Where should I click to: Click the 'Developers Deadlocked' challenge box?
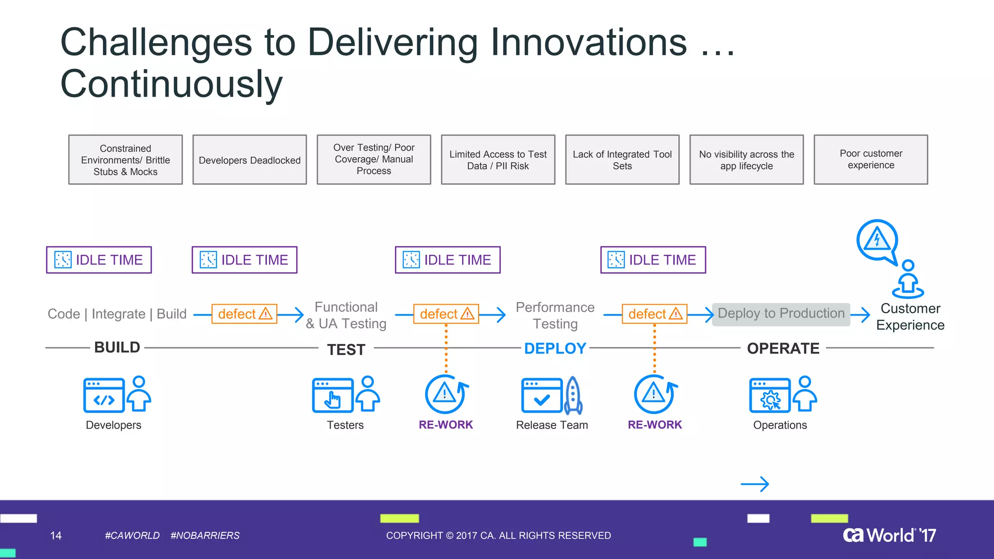tap(249, 160)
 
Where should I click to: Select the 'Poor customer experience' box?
tap(871, 160)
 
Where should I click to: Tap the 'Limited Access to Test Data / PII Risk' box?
tap(498, 160)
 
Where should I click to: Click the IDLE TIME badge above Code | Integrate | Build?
tap(99, 260)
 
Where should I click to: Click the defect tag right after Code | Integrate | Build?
tap(244, 314)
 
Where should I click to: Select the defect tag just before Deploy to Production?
tap(654, 314)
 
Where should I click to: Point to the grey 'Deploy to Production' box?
tap(781, 314)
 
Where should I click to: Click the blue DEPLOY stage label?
tap(555, 348)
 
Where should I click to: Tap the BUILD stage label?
tap(117, 347)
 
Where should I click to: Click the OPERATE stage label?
tap(783, 348)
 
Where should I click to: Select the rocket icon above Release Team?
tap(573, 395)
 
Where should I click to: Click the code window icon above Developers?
tap(104, 395)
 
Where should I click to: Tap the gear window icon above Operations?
tap(770, 395)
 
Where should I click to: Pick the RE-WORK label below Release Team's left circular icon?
tap(446, 425)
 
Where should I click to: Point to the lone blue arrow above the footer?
tap(755, 484)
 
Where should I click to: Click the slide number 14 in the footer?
tap(56, 536)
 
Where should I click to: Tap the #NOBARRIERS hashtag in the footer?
tap(205, 536)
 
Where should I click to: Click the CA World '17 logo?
tap(889, 535)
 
